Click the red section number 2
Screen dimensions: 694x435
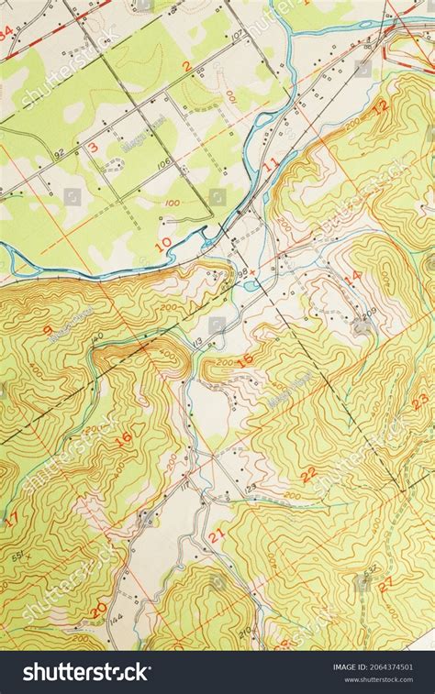[x=187, y=66]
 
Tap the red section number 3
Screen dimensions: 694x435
[x=94, y=147]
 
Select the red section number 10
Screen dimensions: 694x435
[x=164, y=244]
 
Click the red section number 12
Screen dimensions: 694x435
[x=380, y=105]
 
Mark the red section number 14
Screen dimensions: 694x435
[x=352, y=276]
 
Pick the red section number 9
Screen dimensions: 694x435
[x=47, y=330]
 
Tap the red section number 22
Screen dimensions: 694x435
[x=308, y=473]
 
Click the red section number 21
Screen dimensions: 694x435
[x=217, y=535]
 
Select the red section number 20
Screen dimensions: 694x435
[x=99, y=607]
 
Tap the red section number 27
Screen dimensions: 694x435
[x=386, y=581]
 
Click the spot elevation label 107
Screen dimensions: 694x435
[x=239, y=35]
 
